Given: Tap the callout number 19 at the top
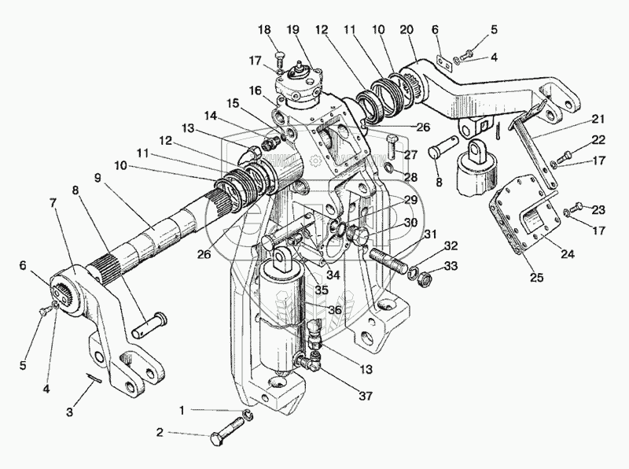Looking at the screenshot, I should point(293,31).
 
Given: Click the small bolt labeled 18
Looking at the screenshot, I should point(279,56).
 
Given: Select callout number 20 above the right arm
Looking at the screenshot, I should point(406,31).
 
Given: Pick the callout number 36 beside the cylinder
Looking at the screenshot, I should point(335,310).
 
